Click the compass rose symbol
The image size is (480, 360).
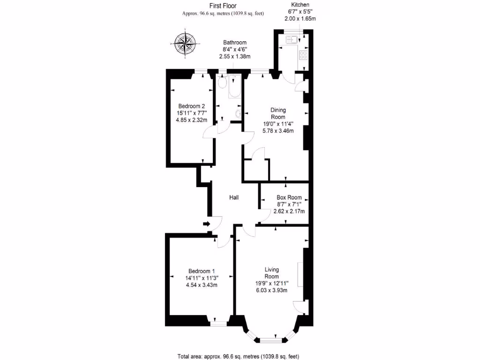(x=186, y=44)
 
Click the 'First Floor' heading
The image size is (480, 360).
(x=223, y=6)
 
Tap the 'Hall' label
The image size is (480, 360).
(x=234, y=198)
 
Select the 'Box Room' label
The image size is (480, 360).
(x=289, y=198)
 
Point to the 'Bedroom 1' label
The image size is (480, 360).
(x=202, y=271)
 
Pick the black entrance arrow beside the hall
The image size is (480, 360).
(x=206, y=224)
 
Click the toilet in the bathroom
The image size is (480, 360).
(x=222, y=83)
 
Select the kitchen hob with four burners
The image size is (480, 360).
(x=302, y=55)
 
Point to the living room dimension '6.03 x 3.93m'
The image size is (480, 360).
(x=272, y=290)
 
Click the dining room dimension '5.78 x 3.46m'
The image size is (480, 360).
(x=278, y=131)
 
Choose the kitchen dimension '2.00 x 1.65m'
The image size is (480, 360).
(x=300, y=19)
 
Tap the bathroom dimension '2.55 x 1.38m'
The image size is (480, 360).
(x=235, y=56)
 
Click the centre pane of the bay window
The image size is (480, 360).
(x=269, y=339)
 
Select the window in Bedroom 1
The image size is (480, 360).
(x=217, y=323)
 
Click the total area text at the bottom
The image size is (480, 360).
(x=238, y=356)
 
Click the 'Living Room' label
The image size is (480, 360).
(x=272, y=273)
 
